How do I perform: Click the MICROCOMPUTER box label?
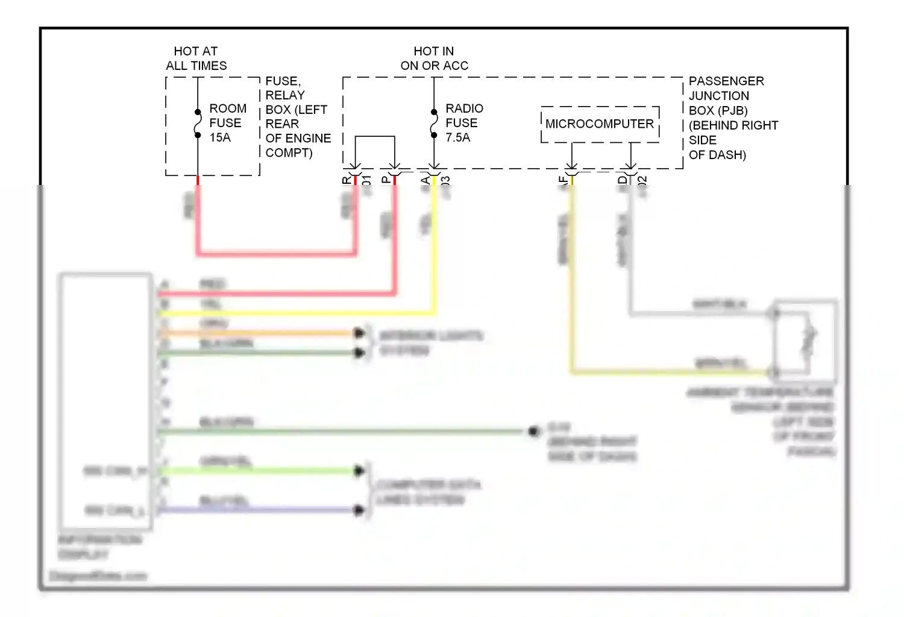599,124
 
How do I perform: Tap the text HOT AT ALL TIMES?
196,58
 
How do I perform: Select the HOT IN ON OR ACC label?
434,58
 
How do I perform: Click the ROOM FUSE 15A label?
227,123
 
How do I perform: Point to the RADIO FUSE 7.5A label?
463,123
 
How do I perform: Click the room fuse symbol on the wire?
198,124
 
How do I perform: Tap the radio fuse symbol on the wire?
434,124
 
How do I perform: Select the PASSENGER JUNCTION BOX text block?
733,118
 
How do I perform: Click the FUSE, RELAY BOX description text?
298,117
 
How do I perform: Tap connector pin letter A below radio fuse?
425,180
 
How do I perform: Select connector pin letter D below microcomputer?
622,180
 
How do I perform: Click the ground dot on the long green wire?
533,431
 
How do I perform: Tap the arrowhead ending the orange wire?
360,333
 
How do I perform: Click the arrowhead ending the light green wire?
360,471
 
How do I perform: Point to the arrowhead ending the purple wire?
360,510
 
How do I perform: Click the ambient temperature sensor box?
805,340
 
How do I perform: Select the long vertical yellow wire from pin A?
434,247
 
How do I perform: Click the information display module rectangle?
105,401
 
